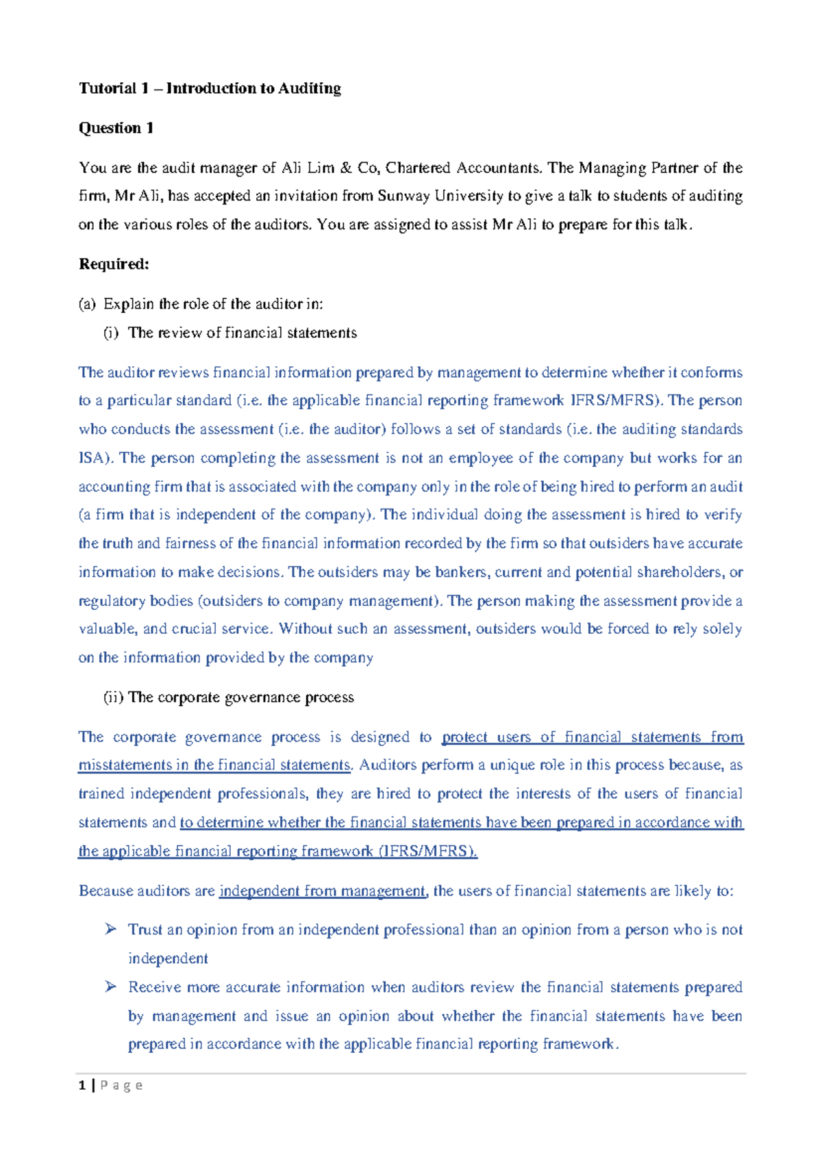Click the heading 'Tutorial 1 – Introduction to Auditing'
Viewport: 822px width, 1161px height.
point(210,88)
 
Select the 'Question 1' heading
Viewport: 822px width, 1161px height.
point(116,128)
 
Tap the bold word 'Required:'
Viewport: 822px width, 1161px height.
point(114,264)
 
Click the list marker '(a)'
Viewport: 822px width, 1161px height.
point(87,304)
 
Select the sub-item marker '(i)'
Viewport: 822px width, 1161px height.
point(111,333)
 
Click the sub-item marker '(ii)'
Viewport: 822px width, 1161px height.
point(113,698)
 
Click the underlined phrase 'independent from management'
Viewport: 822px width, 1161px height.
point(322,891)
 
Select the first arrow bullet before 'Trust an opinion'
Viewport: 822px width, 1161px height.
point(111,929)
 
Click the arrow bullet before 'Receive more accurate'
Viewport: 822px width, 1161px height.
point(111,986)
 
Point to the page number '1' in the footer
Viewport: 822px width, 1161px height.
point(82,1086)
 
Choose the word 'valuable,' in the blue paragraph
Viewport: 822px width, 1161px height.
point(107,629)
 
